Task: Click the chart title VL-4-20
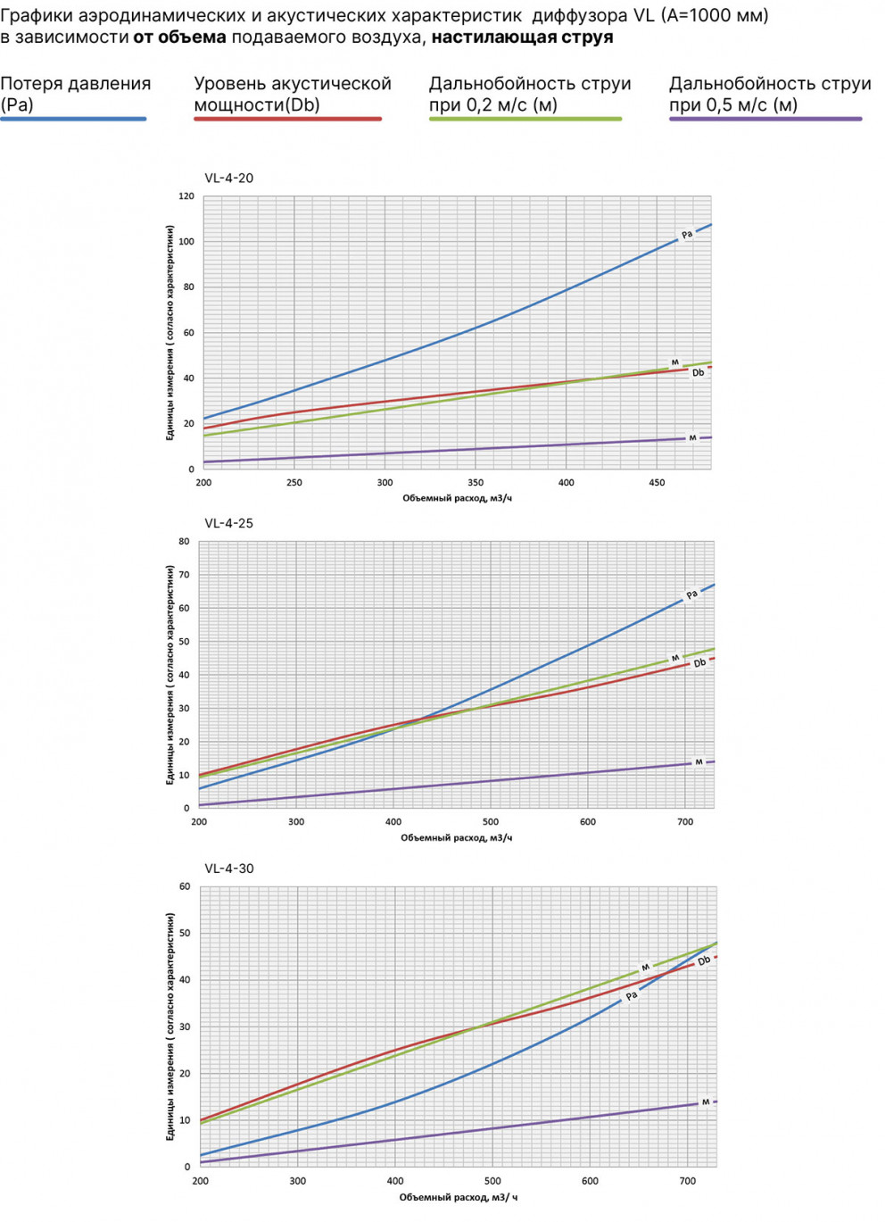(228, 178)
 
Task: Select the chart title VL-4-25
(228, 523)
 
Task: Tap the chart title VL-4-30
(228, 869)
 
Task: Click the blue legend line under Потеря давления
(73, 119)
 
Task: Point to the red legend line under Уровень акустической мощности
(287, 119)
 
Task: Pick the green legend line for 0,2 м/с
(525, 119)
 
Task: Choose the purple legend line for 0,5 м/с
(765, 119)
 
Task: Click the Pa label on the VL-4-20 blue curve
(687, 235)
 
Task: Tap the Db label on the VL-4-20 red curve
(698, 372)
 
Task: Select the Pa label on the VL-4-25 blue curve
(691, 594)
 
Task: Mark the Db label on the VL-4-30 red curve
(704, 961)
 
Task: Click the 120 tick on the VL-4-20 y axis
(186, 196)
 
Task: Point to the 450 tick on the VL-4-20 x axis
(657, 483)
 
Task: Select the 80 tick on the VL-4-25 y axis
(184, 542)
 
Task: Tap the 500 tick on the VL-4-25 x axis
(491, 822)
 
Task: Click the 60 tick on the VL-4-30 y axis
(185, 887)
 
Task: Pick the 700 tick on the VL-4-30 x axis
(688, 1181)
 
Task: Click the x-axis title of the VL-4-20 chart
(457, 498)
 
